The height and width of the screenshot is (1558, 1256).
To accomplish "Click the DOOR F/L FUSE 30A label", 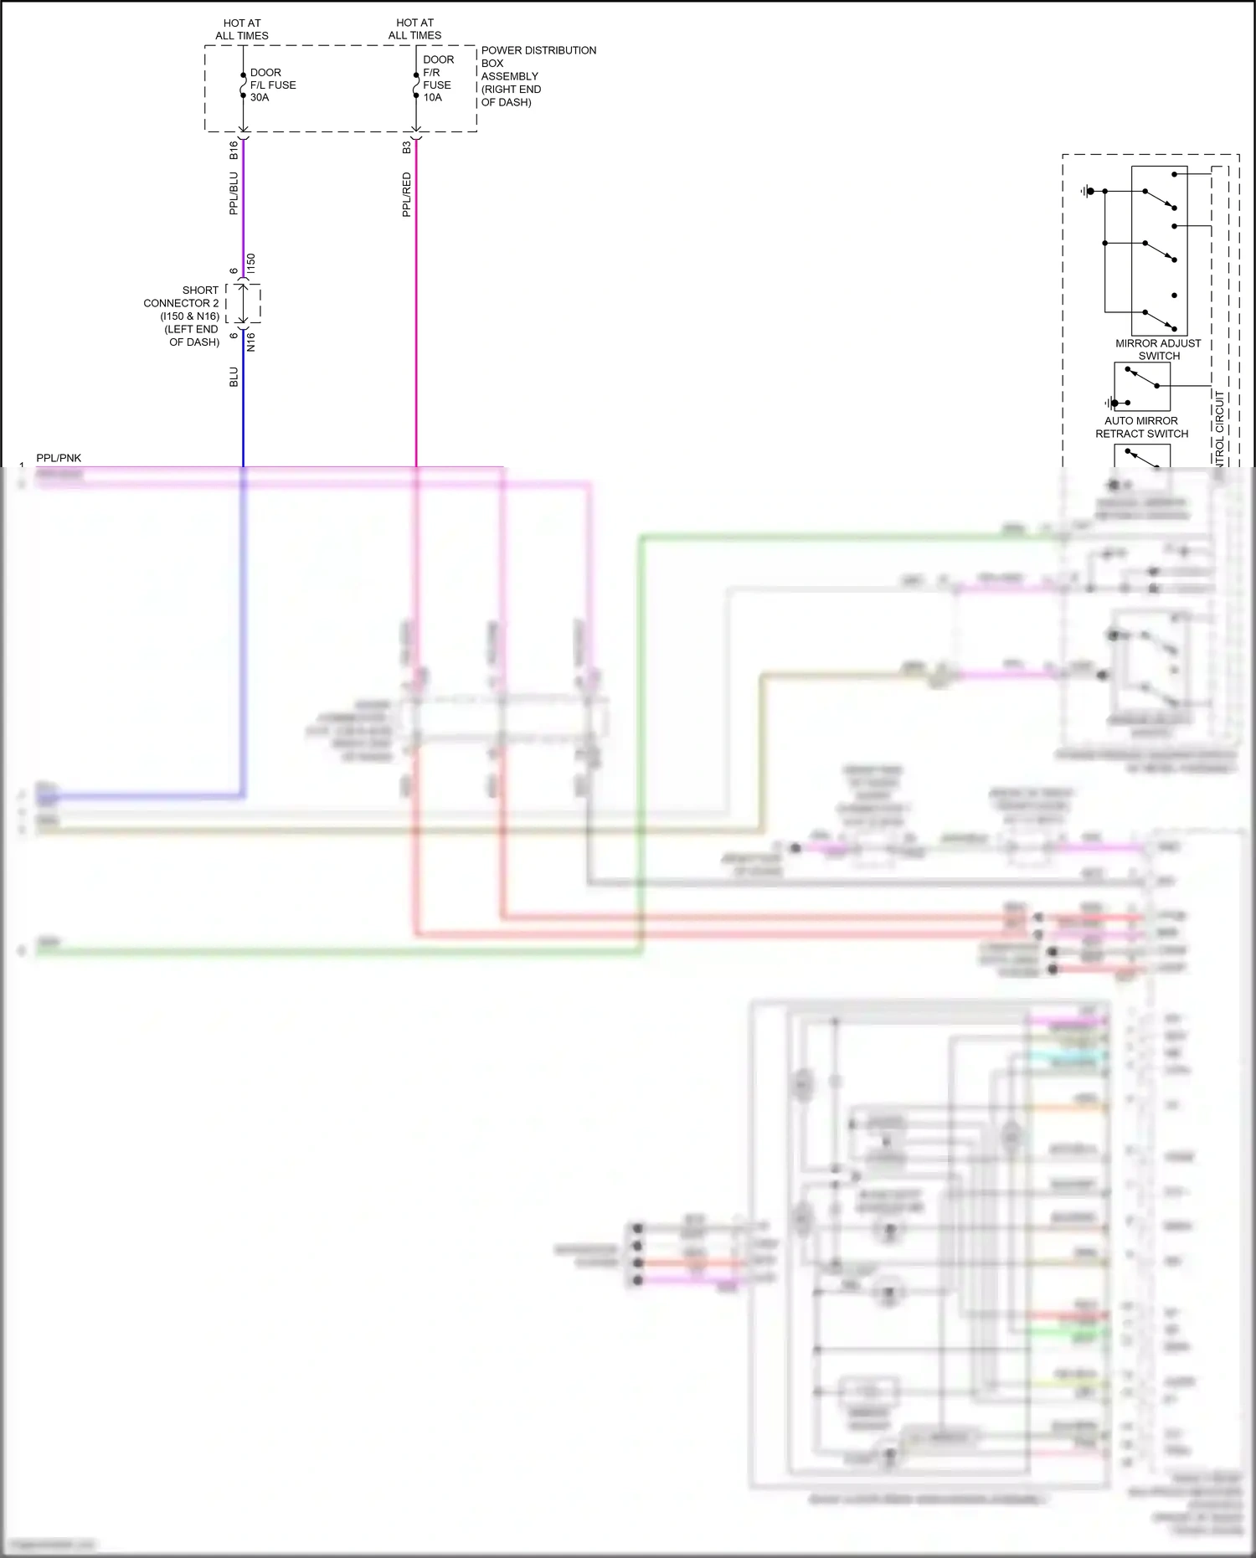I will pos(272,85).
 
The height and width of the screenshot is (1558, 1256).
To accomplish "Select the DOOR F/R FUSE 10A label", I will pos(437,79).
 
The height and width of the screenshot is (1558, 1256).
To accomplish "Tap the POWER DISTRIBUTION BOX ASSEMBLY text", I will pos(538,76).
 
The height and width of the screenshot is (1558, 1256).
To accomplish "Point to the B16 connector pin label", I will pos(234,150).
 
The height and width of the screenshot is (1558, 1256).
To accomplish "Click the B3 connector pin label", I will pos(406,147).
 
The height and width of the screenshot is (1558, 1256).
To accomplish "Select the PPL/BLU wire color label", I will pos(234,193).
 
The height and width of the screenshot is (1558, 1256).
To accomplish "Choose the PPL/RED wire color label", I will pos(406,195).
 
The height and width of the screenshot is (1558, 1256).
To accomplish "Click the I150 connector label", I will pos(251,263).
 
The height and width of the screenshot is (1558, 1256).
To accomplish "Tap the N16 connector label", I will pos(251,342).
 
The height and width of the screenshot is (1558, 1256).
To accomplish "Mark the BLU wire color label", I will pos(234,377).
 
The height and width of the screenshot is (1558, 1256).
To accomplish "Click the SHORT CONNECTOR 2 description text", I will pos(183,316).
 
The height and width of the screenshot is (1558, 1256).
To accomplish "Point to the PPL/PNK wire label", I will pos(59,458).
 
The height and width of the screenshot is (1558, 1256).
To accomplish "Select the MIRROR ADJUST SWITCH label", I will pos(1158,349).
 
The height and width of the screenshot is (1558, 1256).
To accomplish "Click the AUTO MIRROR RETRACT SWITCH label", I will pos(1141,427).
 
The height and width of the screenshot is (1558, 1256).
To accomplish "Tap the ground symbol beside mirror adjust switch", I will pos(1087,192).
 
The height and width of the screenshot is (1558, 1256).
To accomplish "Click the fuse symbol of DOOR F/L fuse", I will pos(243,85).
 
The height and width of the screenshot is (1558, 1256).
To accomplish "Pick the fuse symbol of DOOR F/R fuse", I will pos(416,85).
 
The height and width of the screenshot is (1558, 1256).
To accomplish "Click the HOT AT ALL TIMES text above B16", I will pos(242,29).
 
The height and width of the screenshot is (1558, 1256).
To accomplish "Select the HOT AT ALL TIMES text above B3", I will pos(414,28).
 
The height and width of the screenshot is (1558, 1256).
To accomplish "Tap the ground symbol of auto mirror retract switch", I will pos(1111,403).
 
